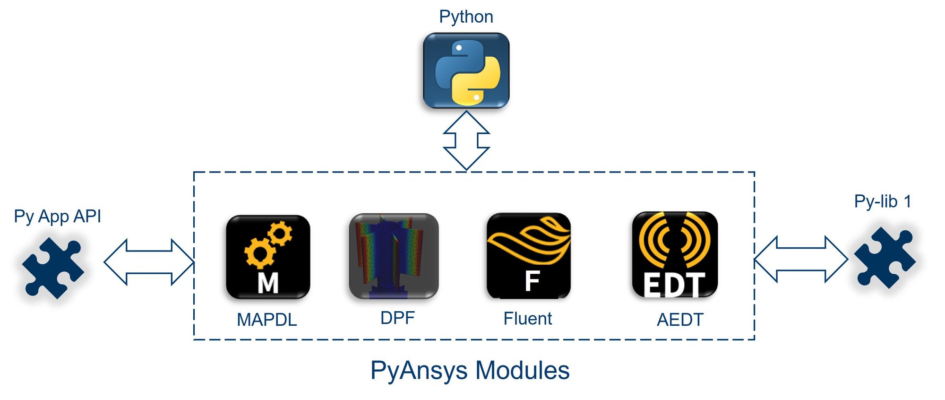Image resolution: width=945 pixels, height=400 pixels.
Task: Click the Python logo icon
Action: pyautogui.click(x=466, y=71)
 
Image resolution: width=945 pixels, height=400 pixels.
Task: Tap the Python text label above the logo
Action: pyautogui.click(x=466, y=17)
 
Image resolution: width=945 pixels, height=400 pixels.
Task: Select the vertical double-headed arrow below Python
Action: pyautogui.click(x=466, y=140)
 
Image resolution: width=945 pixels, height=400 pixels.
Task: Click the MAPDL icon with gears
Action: pyautogui.click(x=268, y=257)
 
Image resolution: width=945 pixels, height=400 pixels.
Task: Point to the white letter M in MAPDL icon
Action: pyautogui.click(x=268, y=284)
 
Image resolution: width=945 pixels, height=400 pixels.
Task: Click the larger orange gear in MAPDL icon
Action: pyautogui.click(x=258, y=252)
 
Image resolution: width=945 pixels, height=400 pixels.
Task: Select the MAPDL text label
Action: pyautogui.click(x=266, y=320)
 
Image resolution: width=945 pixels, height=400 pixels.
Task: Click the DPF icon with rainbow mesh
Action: pyautogui.click(x=394, y=256)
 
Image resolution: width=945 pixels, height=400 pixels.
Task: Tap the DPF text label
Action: pyautogui.click(x=397, y=318)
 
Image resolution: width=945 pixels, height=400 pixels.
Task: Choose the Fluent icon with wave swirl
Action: pyautogui.click(x=528, y=256)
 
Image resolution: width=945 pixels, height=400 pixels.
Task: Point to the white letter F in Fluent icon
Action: pyautogui.click(x=532, y=281)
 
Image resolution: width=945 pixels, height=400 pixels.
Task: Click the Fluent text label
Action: pyautogui.click(x=527, y=319)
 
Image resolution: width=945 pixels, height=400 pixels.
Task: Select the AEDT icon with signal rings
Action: pyautogui.click(x=675, y=254)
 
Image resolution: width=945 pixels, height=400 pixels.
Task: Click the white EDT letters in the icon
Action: pyautogui.click(x=674, y=285)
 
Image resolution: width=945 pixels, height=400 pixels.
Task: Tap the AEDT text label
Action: pyautogui.click(x=680, y=320)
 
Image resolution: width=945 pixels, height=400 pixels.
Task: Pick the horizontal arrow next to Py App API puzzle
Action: pyautogui.click(x=149, y=262)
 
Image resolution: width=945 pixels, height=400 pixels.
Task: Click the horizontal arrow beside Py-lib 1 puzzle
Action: pyautogui.click(x=801, y=259)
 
